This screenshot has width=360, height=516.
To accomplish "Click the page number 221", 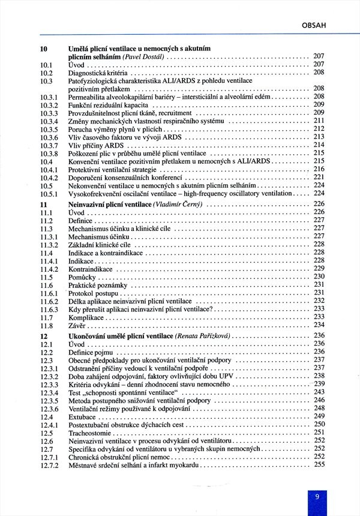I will [x=319, y=178].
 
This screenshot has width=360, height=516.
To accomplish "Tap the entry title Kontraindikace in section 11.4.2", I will [x=89, y=269].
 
